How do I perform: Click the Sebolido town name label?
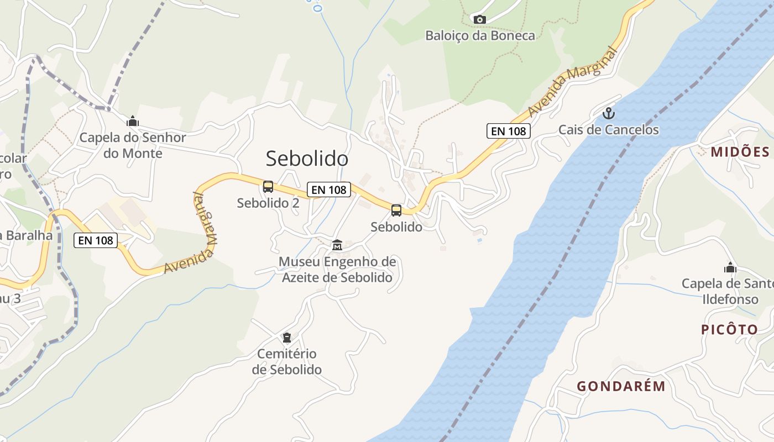tap(307, 159)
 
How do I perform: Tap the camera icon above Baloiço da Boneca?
tap(479, 20)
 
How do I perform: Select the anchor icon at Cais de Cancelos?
tap(608, 114)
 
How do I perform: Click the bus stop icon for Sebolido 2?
tap(268, 187)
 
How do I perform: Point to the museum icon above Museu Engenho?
tap(337, 245)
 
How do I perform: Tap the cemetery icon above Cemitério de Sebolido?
tap(286, 337)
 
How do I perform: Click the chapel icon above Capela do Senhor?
tap(133, 121)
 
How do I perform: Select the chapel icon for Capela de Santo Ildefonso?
tap(730, 268)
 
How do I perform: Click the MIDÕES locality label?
tap(740, 152)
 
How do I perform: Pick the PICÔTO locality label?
tap(730, 330)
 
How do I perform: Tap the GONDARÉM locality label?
tap(621, 386)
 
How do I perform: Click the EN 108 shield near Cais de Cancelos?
tap(509, 131)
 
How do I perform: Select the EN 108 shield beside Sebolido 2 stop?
tap(329, 190)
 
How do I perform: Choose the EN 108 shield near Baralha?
tap(96, 240)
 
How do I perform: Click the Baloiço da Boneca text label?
tap(480, 36)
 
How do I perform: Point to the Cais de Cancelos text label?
tap(608, 130)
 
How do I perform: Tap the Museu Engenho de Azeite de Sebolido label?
tap(337, 269)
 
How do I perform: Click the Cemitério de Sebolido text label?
tap(286, 361)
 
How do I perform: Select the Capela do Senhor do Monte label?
tap(133, 145)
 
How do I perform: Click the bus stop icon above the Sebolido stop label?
tap(396, 210)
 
